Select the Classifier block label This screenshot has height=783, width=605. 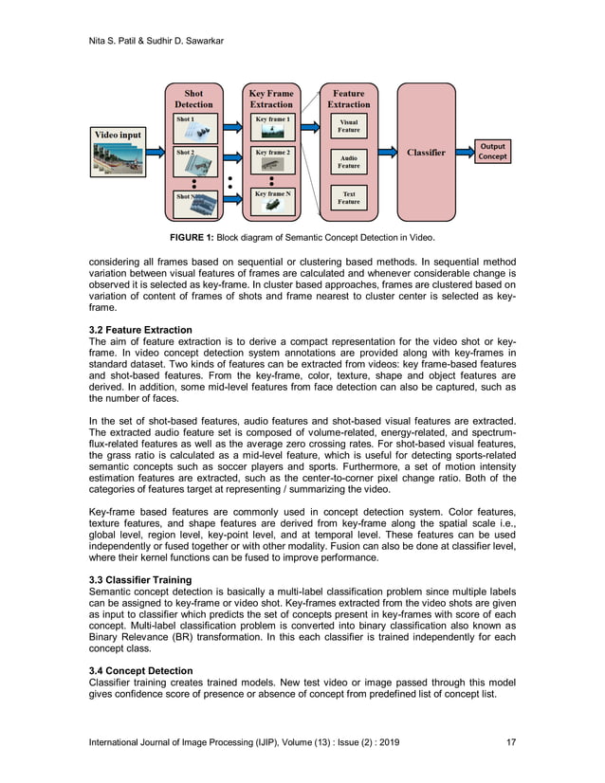[426, 153]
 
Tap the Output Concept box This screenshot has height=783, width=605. [492, 152]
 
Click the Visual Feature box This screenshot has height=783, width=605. [349, 126]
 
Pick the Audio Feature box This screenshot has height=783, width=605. [349, 162]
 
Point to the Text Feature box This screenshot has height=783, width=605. [349, 198]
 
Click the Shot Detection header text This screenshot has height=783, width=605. [194, 99]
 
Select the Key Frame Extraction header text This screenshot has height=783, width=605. [271, 99]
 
